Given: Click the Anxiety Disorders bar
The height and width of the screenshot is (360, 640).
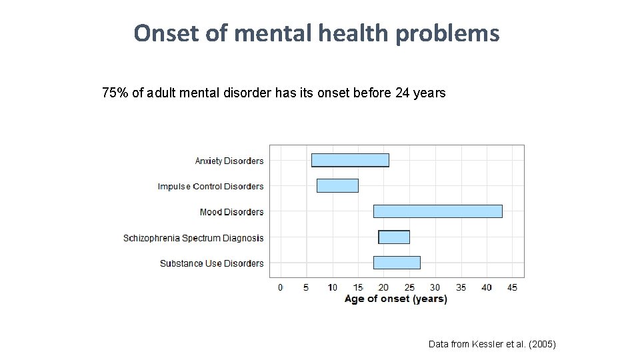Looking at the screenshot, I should tap(350, 160).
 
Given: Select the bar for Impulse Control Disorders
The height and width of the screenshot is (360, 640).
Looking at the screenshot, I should tap(337, 186).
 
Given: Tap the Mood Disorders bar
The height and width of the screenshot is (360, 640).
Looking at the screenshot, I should tap(437, 211).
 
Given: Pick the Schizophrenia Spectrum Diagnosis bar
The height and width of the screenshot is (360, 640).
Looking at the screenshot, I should tap(394, 237).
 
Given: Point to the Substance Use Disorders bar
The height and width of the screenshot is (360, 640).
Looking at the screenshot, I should tap(397, 263).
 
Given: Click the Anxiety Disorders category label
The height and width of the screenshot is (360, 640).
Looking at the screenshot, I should tap(229, 161).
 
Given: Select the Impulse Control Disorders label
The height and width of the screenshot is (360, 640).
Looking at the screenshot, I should tap(211, 187).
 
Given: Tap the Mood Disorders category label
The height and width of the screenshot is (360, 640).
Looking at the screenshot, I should tap(231, 212).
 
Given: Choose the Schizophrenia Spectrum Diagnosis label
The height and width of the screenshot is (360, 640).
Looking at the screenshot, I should tap(193, 238).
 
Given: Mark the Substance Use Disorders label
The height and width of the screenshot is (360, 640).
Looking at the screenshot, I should tap(211, 263).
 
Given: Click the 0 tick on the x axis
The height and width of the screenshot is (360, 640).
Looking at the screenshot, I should tap(280, 287).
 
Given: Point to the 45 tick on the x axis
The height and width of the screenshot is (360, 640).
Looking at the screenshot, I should tap(512, 287).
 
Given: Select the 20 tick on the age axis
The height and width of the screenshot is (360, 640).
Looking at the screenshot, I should tap(383, 287).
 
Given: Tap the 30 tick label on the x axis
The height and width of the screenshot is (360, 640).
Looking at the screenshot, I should tap(435, 287).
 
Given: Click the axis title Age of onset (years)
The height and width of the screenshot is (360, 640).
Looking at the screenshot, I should tap(395, 299).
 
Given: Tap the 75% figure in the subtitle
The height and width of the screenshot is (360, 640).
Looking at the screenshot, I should tap(115, 93).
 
